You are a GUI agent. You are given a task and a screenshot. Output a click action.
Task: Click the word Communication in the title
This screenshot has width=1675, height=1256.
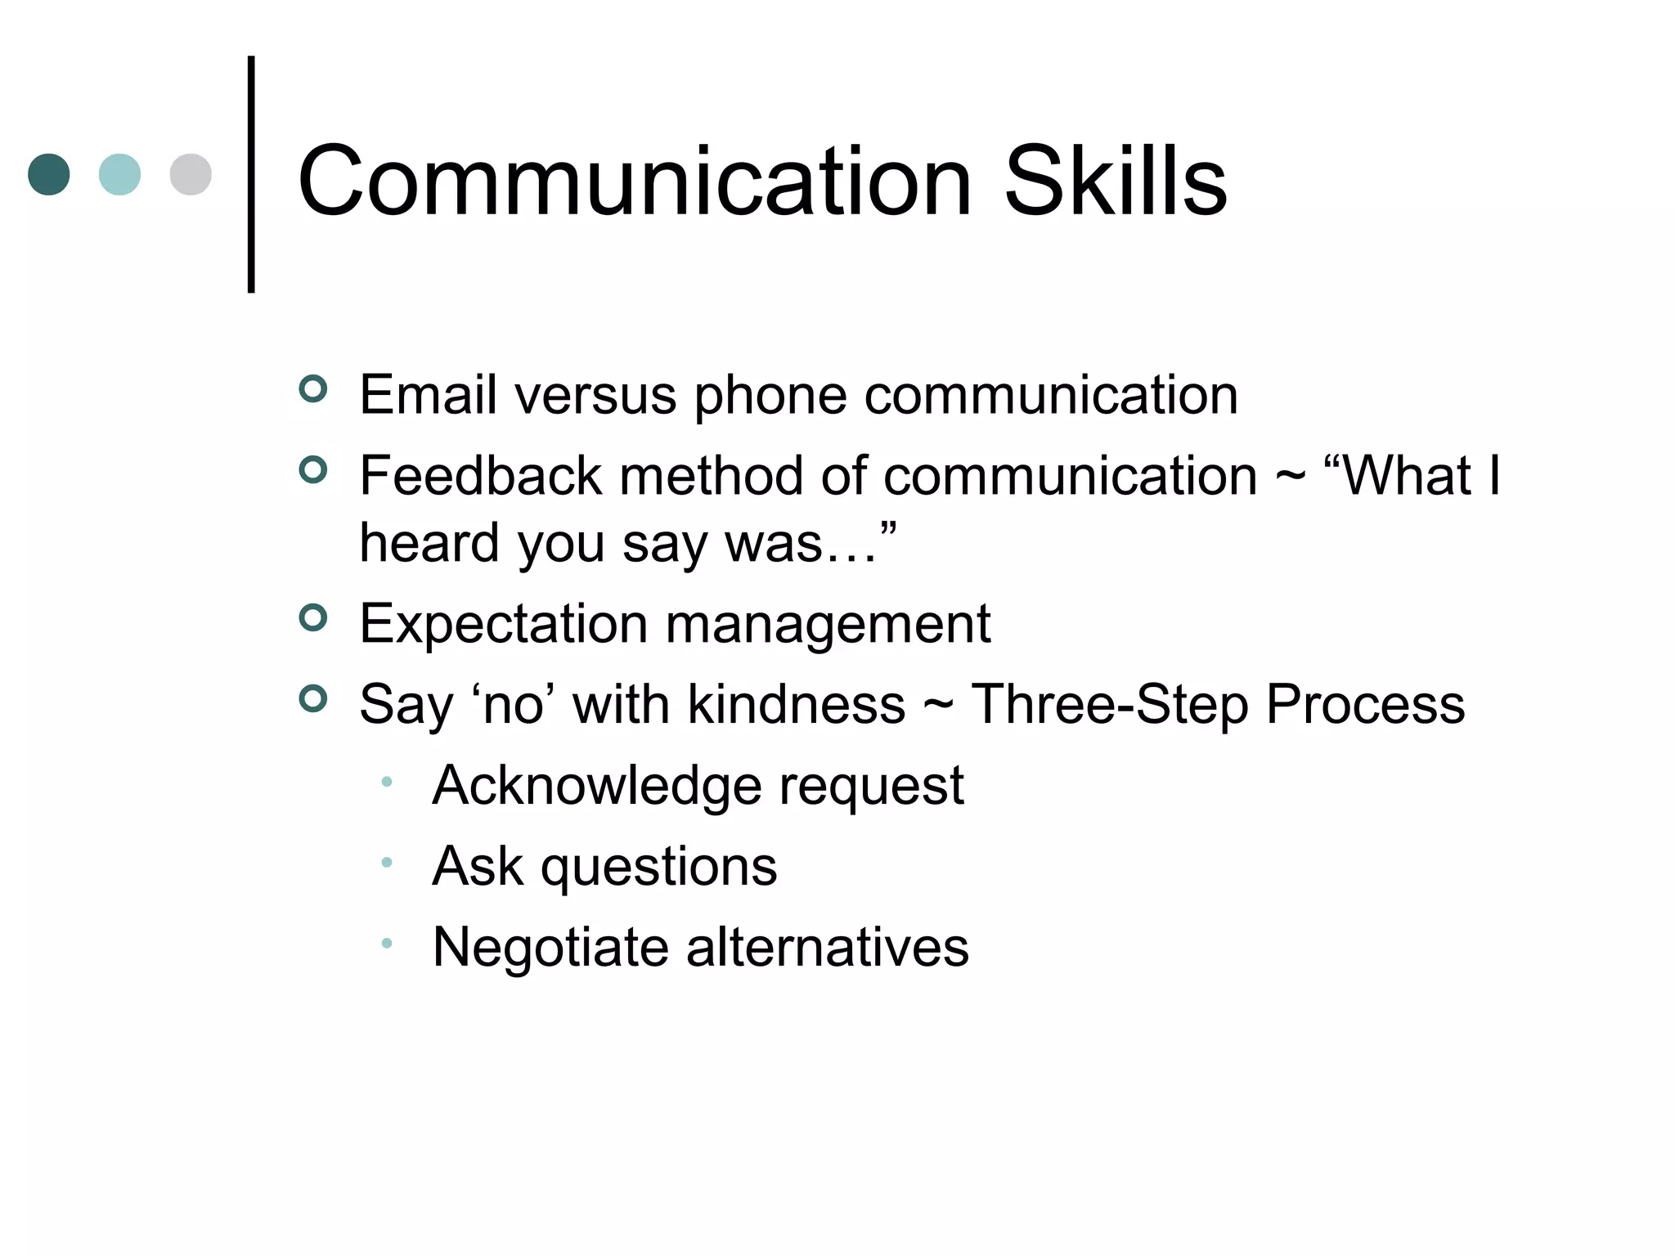[635, 181]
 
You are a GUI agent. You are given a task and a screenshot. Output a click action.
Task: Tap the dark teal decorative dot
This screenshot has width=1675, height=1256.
[49, 174]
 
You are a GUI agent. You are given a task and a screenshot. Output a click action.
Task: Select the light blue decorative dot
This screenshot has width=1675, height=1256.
[119, 174]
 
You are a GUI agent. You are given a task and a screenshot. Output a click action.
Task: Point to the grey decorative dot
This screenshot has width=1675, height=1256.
[191, 174]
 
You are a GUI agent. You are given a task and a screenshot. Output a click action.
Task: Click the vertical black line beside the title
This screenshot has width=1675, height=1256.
[251, 174]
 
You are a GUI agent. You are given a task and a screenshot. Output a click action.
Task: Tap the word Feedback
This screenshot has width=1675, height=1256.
[480, 476]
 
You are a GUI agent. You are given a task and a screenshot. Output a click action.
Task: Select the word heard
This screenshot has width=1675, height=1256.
[429, 542]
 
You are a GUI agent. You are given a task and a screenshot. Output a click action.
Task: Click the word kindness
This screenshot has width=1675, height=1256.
[796, 704]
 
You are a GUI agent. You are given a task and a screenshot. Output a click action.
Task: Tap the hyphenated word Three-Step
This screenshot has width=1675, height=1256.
[1109, 704]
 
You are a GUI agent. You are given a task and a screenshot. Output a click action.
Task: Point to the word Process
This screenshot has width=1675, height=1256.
[1365, 704]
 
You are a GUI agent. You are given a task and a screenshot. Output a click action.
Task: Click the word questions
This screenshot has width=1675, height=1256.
[658, 867]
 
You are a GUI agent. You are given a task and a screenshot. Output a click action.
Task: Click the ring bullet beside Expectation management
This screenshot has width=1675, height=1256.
[313, 617]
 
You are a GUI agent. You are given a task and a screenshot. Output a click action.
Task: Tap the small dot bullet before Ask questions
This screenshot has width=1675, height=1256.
[387, 862]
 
